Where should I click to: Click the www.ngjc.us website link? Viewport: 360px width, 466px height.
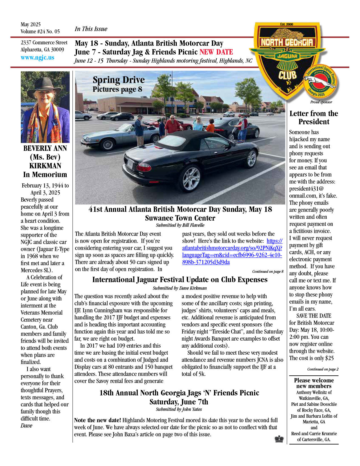point(37,58)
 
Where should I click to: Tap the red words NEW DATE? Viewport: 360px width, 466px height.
point(216,52)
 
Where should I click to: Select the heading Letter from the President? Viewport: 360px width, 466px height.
point(314,117)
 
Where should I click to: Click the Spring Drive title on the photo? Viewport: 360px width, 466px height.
point(119,80)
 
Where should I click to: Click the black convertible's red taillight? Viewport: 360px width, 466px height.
point(144,167)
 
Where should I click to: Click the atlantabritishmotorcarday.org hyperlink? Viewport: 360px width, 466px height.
point(232,251)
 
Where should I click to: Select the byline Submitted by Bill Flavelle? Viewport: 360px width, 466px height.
point(180,225)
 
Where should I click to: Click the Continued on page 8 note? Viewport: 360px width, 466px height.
point(268,271)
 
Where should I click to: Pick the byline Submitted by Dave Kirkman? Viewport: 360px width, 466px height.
point(180,288)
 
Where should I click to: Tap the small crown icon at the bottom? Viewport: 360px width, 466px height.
point(279,439)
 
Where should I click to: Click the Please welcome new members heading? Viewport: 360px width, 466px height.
point(314,383)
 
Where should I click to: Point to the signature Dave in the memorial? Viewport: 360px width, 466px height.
point(27,426)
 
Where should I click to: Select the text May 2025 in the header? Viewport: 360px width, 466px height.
point(30,24)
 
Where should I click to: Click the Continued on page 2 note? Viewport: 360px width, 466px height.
point(323,369)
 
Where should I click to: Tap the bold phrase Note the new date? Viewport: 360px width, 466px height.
point(97,420)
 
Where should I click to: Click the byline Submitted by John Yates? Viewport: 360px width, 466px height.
point(179,409)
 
